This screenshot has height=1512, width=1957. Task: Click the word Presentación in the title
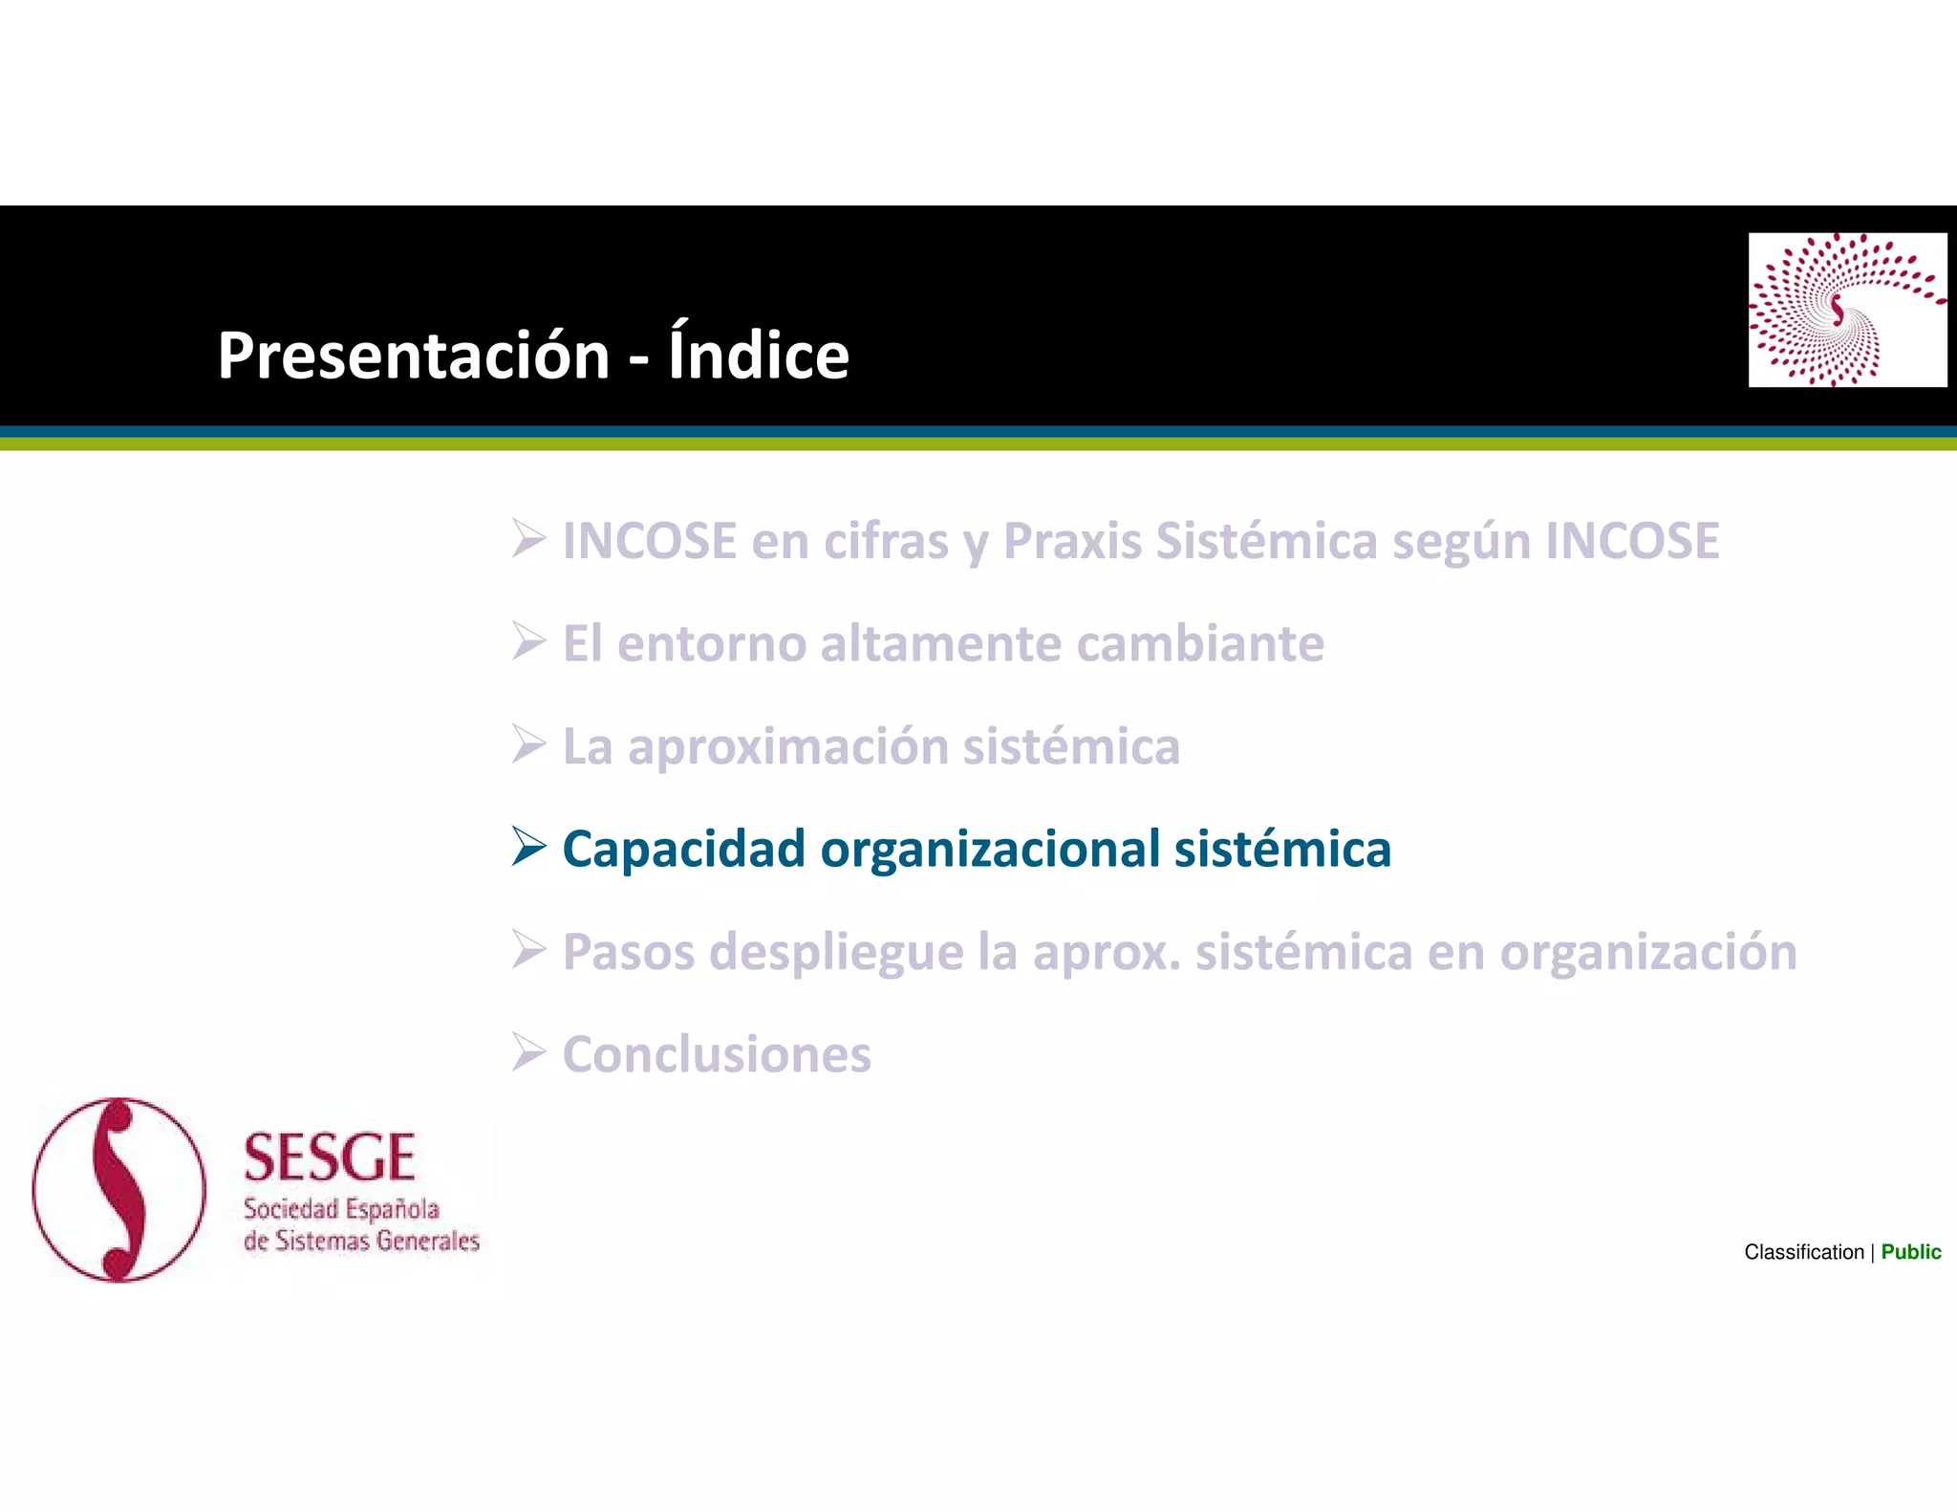413,356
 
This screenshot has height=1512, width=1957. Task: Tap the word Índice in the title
758,354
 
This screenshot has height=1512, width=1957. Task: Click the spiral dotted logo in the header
1846,310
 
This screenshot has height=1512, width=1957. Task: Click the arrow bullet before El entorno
527,641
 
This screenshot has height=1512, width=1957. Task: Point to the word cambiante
1200,643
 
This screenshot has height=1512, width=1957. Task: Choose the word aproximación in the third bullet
787,747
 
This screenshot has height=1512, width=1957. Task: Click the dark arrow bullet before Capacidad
527,847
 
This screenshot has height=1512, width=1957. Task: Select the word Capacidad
683,850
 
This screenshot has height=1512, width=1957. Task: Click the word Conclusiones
717,1055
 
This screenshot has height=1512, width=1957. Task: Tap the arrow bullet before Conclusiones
527,1052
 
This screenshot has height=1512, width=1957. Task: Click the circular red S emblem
119,1190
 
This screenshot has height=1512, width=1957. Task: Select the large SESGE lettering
329,1157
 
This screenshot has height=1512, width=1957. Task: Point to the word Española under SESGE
392,1210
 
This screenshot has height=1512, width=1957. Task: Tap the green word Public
1910,1252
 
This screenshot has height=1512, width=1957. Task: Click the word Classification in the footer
1803,1252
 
